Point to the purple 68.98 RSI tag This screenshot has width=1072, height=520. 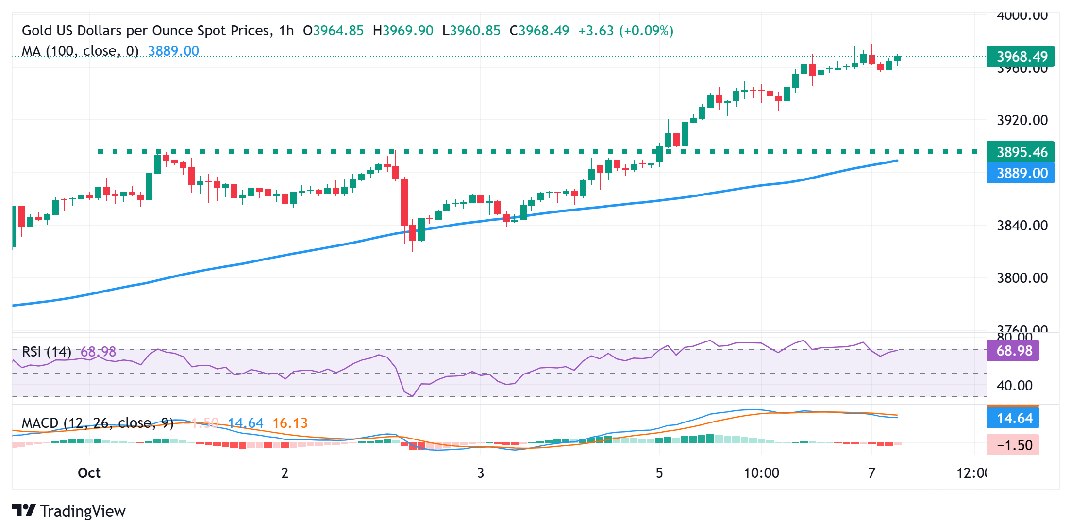pos(1013,351)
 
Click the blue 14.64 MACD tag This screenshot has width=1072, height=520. pos(1013,418)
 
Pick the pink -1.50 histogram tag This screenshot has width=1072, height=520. pos(1013,445)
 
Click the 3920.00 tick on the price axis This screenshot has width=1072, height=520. pos(1022,120)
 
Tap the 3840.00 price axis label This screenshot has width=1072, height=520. pos(1022,226)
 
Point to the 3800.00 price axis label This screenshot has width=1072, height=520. pos(1022,278)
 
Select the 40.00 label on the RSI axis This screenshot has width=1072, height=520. pos(1014,386)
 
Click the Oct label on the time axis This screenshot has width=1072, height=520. pos(89,473)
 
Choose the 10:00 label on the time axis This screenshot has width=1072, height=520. pos(761,473)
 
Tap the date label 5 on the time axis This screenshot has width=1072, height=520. pos(659,473)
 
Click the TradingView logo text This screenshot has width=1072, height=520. pos(83,511)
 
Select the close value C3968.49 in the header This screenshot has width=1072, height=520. pos(539,31)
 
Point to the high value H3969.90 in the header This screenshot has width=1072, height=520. pos(403,31)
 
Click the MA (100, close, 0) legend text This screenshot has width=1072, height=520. pos(80,51)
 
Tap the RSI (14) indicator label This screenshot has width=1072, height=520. pos(47,352)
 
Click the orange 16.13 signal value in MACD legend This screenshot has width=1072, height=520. pos(290,423)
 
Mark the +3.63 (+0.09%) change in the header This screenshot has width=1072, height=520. pos(626,31)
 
